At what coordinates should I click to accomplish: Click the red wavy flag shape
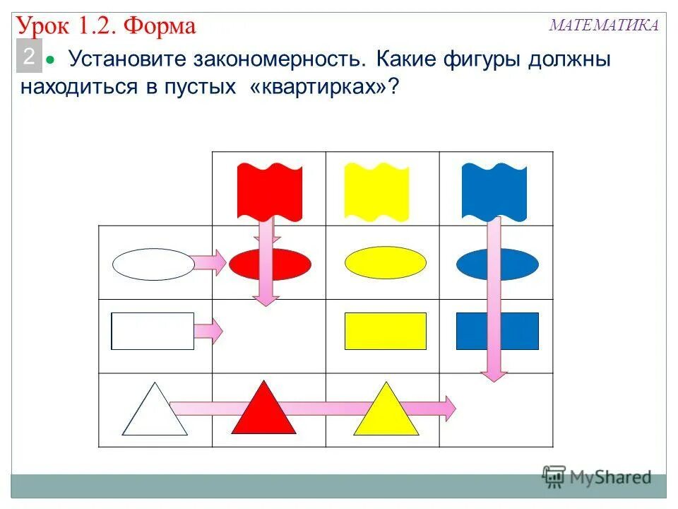270,189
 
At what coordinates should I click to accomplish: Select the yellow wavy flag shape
367,189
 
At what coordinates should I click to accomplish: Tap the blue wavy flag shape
494,189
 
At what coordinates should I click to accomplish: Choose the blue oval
497,264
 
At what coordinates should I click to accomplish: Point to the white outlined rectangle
153,331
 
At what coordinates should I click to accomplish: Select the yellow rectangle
386,331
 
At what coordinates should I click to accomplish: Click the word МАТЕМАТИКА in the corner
604,25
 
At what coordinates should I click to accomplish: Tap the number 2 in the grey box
29,57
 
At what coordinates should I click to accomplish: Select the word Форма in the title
160,27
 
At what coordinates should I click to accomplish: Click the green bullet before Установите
50,62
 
